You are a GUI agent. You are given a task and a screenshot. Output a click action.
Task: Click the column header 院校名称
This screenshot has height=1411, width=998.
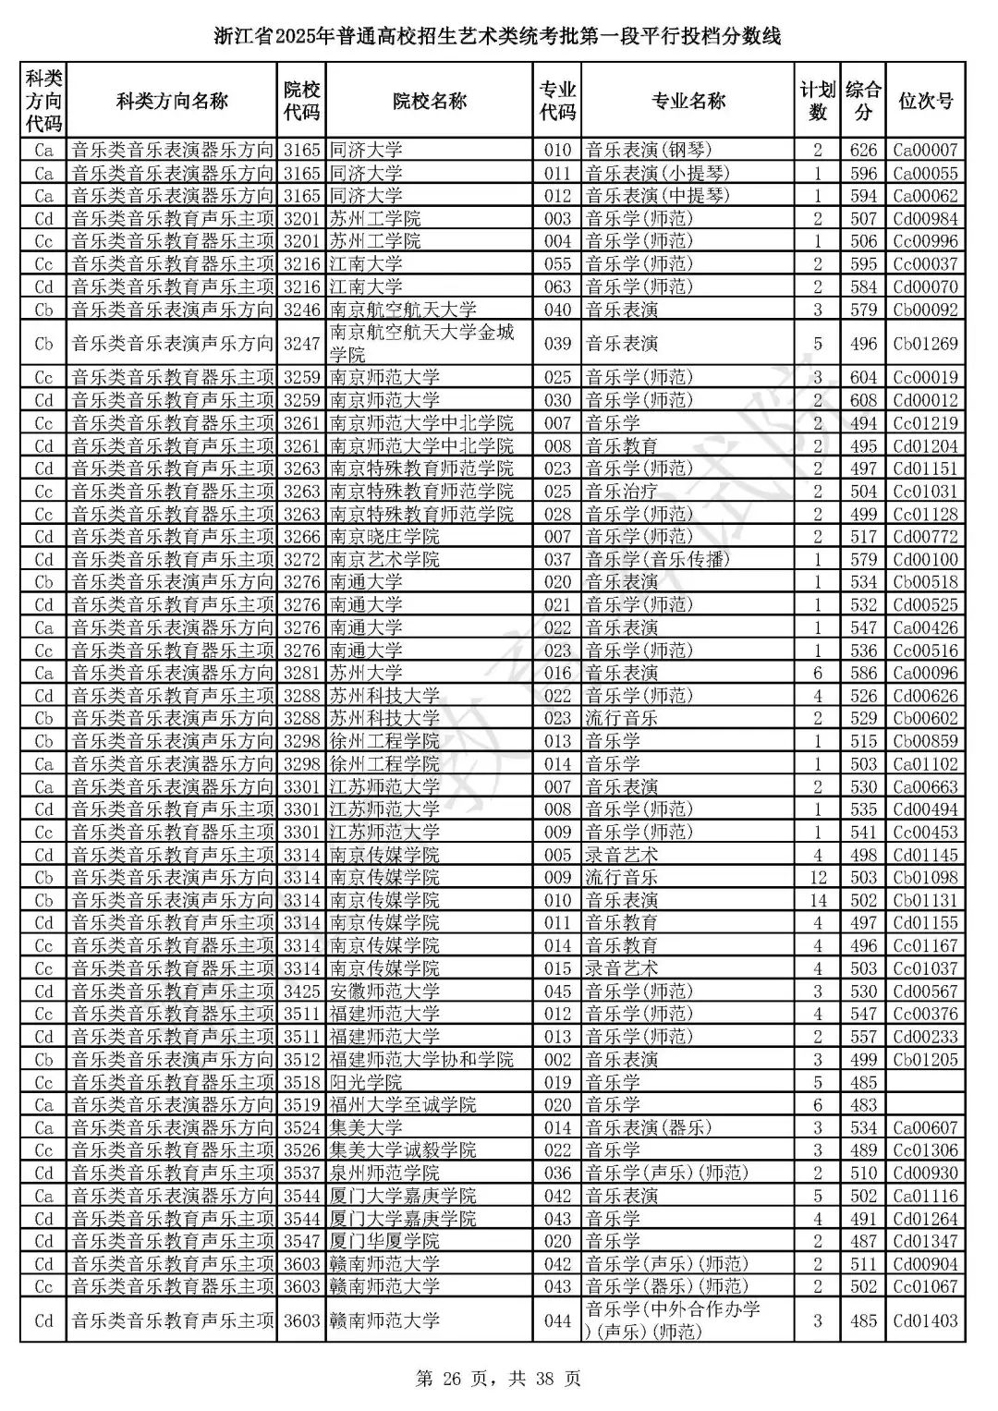coord(429,102)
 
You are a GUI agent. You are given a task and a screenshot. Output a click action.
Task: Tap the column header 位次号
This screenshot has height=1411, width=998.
coord(925,102)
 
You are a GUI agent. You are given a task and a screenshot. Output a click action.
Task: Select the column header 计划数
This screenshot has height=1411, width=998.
coord(817,102)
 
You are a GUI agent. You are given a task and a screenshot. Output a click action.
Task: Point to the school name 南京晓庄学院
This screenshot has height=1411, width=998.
coord(384,537)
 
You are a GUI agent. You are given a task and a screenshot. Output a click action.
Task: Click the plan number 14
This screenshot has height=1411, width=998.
coord(817,900)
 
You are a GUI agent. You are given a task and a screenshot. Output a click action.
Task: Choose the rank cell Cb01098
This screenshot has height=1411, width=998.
coord(925,878)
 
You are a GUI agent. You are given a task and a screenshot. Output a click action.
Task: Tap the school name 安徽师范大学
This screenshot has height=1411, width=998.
coord(384,991)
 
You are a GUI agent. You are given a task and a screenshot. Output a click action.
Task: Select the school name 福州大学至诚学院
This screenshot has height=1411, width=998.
coord(403,1105)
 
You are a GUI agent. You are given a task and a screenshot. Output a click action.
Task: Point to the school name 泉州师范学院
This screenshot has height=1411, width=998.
coord(384,1174)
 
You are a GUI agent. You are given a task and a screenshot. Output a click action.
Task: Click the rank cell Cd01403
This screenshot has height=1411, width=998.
coord(925,1321)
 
